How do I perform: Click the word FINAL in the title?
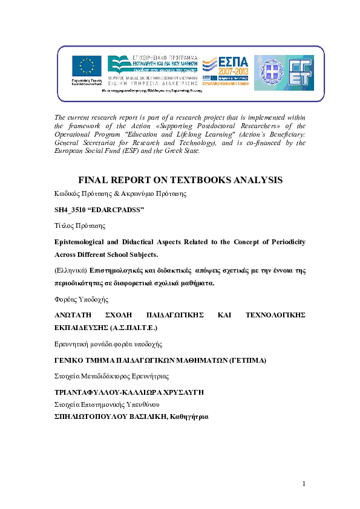click(95, 180)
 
